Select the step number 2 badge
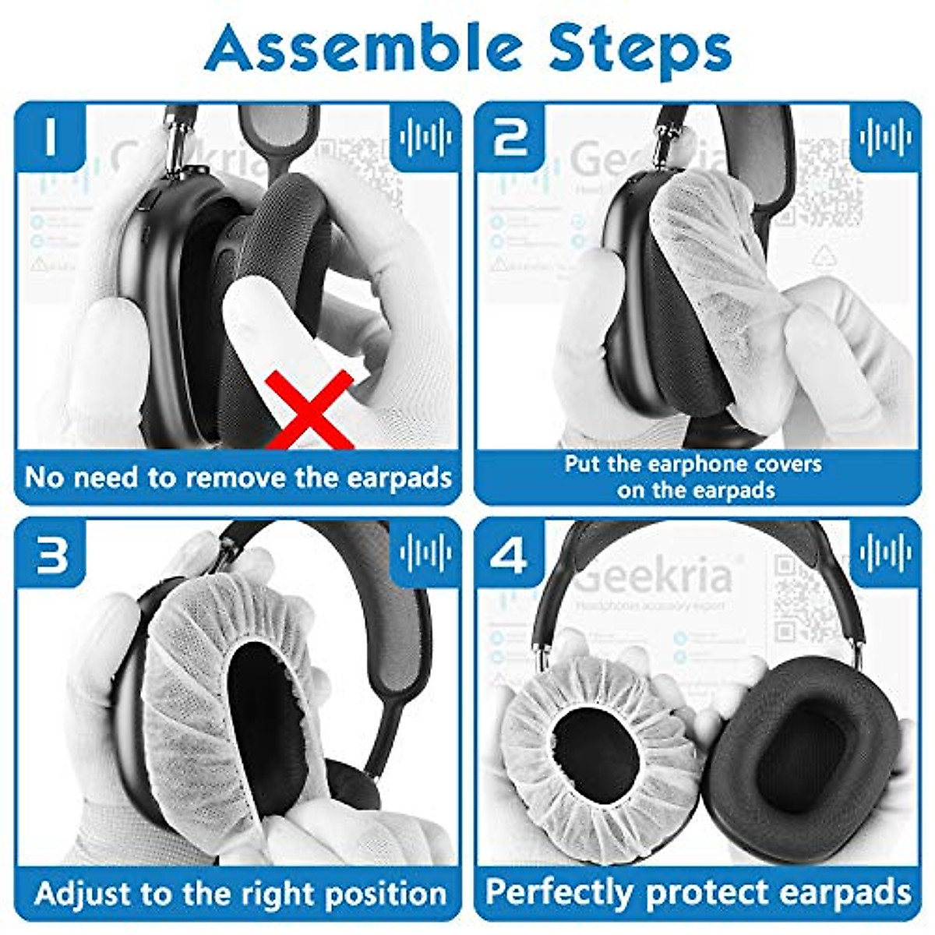click(510, 137)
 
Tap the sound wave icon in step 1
click(425, 137)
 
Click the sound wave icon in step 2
click(886, 137)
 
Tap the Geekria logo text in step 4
click(654, 577)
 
